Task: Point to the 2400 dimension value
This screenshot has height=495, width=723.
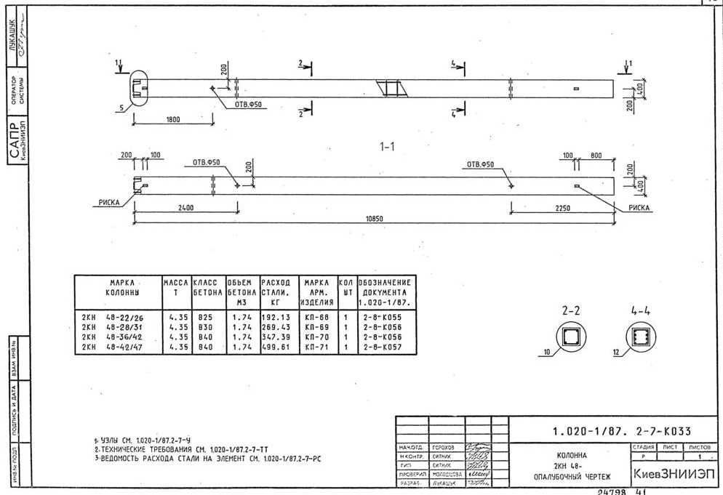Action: click(x=185, y=208)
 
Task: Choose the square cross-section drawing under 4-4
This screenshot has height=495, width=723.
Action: click(x=640, y=337)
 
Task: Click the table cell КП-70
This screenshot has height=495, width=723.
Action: click(x=318, y=337)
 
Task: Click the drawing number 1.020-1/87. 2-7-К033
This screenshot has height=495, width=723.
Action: click(x=618, y=430)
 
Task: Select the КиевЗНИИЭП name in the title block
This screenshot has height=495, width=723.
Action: click(x=674, y=473)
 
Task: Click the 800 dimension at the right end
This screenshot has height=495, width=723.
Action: click(x=596, y=156)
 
